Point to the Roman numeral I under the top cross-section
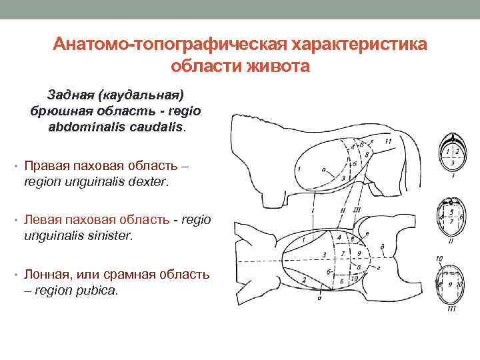[453, 177]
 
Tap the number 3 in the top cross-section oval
[453, 162]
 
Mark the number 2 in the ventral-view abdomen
[303, 278]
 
